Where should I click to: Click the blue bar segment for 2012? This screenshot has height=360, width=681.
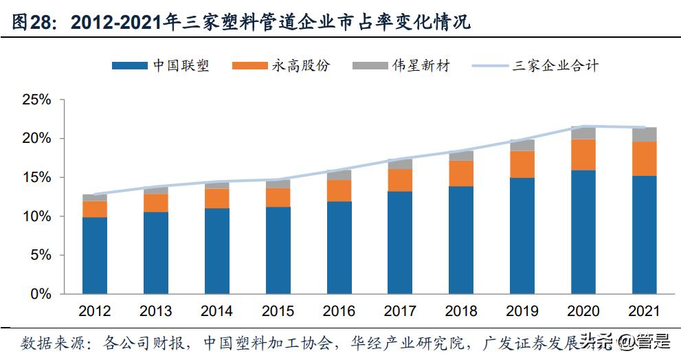(x=95, y=256)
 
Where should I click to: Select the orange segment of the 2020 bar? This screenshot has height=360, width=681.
(x=584, y=155)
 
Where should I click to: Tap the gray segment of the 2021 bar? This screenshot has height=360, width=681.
(x=645, y=135)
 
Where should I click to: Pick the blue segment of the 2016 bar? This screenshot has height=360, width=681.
(x=339, y=247)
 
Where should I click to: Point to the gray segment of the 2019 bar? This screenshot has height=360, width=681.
(x=522, y=145)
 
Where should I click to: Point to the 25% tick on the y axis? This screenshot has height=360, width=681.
(x=37, y=100)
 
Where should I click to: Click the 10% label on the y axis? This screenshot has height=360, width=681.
(x=37, y=216)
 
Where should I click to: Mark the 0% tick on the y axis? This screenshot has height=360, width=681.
(x=41, y=294)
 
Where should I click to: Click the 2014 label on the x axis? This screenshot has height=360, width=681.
(x=216, y=311)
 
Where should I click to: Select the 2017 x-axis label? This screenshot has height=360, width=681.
(x=400, y=311)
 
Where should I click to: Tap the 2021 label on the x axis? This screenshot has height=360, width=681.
(x=644, y=311)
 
